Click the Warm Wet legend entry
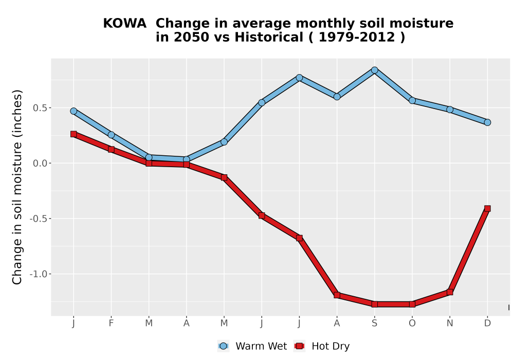[x=252, y=346]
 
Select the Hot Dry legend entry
[x=322, y=346]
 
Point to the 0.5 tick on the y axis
[x=40, y=108]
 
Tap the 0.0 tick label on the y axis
[x=40, y=163]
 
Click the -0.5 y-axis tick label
[x=39, y=219]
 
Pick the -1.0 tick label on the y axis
[x=39, y=274]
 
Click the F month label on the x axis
[x=111, y=323]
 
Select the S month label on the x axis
[x=374, y=323]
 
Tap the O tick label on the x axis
[x=412, y=323]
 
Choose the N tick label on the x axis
[x=450, y=323]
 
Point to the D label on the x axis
[x=487, y=323]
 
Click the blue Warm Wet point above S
[x=374, y=70]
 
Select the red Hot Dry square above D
[x=487, y=208]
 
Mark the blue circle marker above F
[x=111, y=135]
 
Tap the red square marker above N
[x=450, y=292]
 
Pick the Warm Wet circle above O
[x=412, y=100]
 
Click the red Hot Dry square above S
[x=374, y=304]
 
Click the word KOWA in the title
[x=124, y=24]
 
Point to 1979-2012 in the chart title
[x=357, y=37]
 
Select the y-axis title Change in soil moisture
[x=17, y=187]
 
